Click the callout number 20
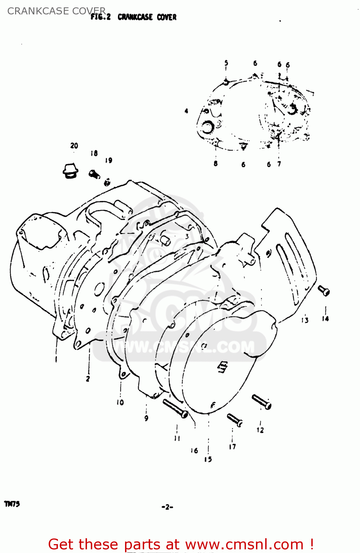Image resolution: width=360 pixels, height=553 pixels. coord(74,146)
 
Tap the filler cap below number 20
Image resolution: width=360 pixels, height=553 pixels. coord(70,171)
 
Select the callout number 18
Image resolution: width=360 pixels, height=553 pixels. coord(94,153)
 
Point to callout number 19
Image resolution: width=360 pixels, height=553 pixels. coord(108,160)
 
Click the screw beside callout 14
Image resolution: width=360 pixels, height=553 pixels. coord(323,291)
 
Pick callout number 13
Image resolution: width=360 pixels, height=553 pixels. coord(305,320)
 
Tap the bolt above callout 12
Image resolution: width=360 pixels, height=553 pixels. coord(262,401)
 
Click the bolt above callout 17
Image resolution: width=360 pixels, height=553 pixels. coord(235,420)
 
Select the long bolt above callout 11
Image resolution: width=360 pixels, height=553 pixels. coord(175,408)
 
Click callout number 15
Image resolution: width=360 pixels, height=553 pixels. coord(208,459)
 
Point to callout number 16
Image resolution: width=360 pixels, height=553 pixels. coord(194,451)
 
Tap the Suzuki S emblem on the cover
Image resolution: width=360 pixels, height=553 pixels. coord(222,367)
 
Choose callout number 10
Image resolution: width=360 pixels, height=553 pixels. coord(120,402)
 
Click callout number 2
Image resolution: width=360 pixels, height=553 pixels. coord(88,379)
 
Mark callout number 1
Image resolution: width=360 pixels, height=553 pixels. coord(56,359)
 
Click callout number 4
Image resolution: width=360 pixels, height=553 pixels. coord(186,111)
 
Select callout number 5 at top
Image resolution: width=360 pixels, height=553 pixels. coord(226,63)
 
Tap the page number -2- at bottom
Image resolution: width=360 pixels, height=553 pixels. coord(167,507)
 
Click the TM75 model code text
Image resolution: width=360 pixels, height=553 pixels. coord(12,504)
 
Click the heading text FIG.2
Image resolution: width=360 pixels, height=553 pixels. coord(101,17)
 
